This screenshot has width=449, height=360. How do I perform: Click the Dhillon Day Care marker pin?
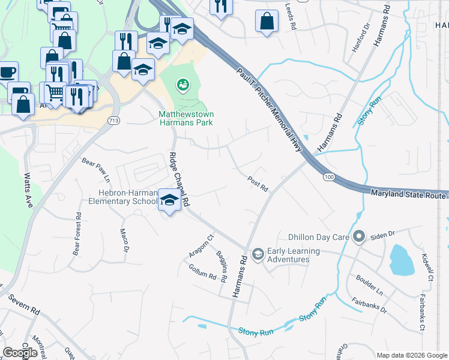(x=359, y=236)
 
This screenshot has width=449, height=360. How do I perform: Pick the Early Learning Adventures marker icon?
(x=258, y=254)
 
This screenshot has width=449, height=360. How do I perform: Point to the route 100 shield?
(x=328, y=178)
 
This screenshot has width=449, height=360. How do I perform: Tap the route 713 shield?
(x=113, y=121)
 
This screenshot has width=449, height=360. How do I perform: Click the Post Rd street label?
(x=258, y=184)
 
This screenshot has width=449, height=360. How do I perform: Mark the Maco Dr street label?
(x=124, y=239)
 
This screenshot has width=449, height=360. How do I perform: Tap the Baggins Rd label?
(x=221, y=266)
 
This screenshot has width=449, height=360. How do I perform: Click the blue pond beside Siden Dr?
(x=402, y=260)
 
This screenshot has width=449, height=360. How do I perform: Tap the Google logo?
(x=20, y=353)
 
